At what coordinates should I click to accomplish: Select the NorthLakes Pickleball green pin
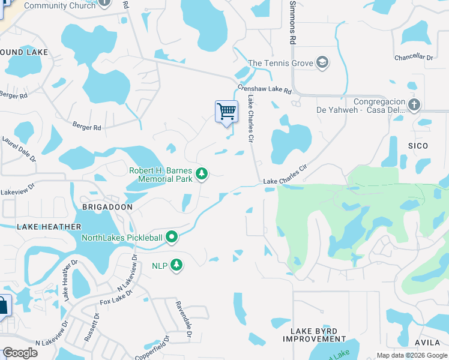pos(172,238)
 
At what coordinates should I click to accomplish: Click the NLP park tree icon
pos(176,265)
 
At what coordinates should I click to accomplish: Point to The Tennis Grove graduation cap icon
pos(323,62)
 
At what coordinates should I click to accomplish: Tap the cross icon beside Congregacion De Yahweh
pos(414,105)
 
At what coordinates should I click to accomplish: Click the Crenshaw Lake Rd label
pos(264,89)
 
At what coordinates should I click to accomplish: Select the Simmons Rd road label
pos(293,22)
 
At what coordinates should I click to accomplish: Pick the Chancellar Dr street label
pos(414,57)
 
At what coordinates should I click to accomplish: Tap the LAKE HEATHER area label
pos(49,226)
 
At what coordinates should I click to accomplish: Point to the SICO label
pos(418,146)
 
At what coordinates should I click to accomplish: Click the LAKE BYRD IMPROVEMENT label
pos(314,335)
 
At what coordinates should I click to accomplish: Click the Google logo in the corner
pos(20,353)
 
